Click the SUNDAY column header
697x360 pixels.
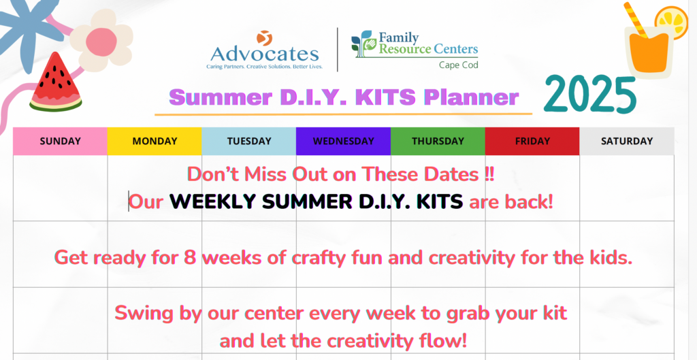click(60, 142)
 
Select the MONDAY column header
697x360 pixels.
click(155, 142)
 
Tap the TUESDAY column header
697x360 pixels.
click(249, 142)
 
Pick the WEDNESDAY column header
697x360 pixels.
click(343, 142)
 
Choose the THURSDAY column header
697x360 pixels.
click(438, 142)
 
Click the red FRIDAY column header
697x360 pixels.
click(532, 142)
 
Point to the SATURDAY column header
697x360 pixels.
click(627, 142)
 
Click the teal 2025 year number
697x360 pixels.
click(590, 95)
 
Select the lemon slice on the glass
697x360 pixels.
click(670, 22)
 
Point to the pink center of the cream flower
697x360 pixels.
click(101, 42)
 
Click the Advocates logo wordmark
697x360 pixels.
click(265, 54)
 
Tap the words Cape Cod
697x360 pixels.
click(459, 65)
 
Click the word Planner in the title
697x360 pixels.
click(471, 98)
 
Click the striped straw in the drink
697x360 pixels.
click(636, 20)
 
